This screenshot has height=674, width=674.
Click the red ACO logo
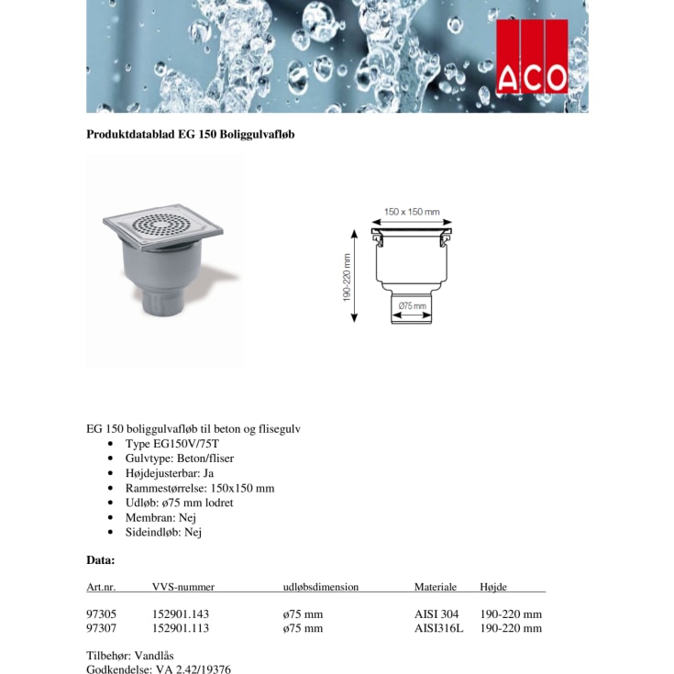532,57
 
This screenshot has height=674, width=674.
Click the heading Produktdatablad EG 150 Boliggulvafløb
190,134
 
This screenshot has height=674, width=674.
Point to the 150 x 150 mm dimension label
411,212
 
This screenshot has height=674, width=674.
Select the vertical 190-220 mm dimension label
348,277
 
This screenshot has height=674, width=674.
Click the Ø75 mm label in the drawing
413,305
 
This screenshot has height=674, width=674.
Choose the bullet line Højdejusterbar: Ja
170,473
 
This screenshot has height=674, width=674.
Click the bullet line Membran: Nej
160,517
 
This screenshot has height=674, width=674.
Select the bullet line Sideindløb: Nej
163,532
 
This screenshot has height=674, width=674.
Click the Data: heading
100,559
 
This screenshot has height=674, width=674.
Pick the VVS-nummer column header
182,587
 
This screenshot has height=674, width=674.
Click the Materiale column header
435,587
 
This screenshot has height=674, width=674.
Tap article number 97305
101,613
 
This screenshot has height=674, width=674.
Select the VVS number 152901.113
181,628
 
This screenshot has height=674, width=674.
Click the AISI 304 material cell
436,613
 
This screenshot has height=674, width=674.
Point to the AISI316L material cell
439,628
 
